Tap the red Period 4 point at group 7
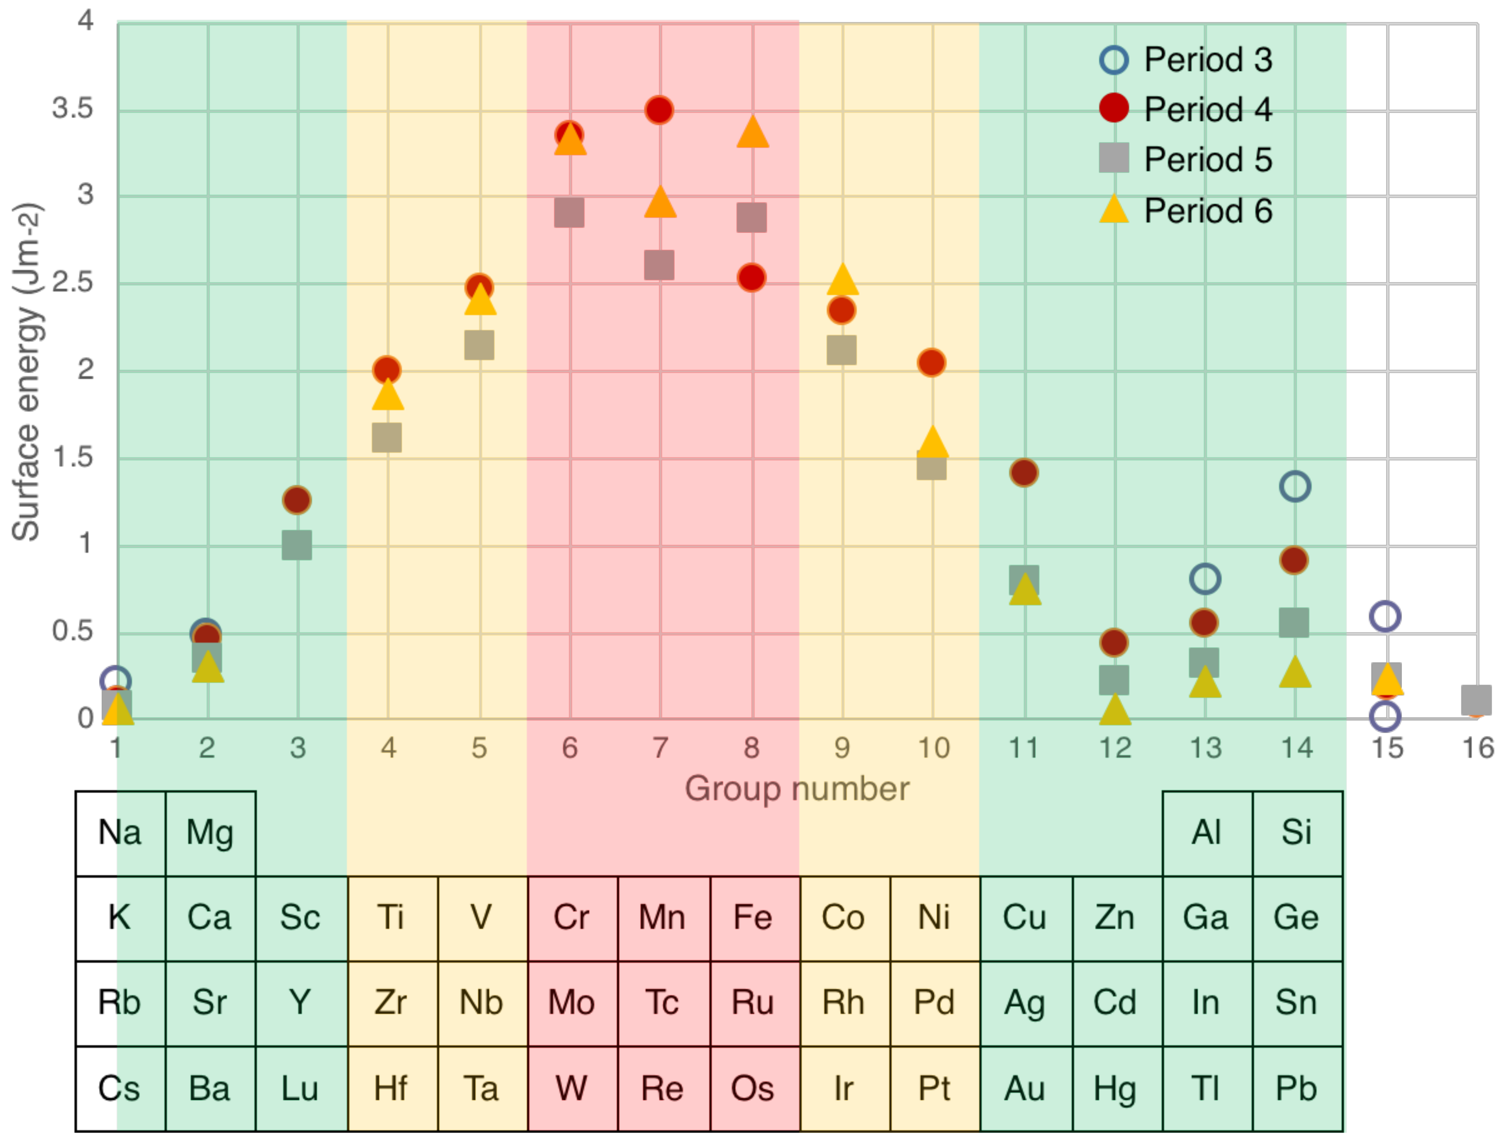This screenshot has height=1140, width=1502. coord(659,110)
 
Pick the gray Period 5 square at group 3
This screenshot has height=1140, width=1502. coord(297,545)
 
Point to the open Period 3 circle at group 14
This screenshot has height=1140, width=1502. coord(1295,486)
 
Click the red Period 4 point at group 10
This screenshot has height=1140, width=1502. coord(932,362)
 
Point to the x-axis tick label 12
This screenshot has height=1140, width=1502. coord(1115,748)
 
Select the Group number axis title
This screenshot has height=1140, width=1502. coord(797,789)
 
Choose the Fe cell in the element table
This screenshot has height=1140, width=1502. coord(752,918)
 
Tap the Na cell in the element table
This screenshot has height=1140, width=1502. coord(120,833)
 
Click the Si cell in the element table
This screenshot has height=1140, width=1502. coord(1296,833)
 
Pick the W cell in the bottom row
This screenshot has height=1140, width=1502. coord(572,1088)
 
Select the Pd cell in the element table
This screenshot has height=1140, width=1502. coord(934,1003)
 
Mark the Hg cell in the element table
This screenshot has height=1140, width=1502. coord(1115,1088)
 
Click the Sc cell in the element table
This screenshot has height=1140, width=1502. coord(300,918)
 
